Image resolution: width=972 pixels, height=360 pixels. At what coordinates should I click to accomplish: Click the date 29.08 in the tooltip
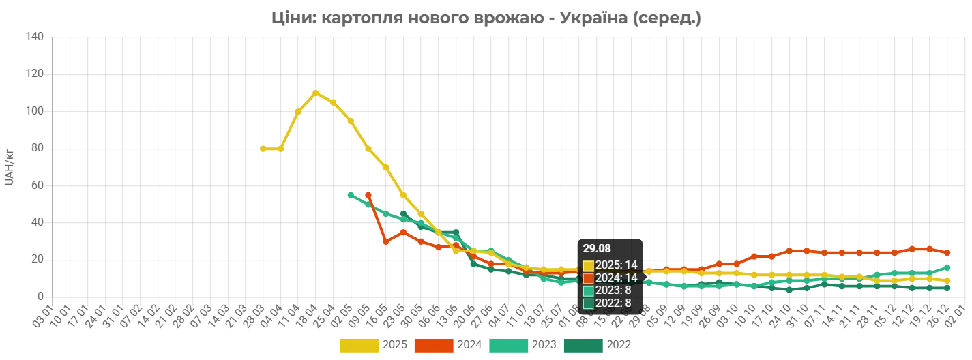coord(597,249)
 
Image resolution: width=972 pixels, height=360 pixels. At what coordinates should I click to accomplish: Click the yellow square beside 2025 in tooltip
coord(588,265)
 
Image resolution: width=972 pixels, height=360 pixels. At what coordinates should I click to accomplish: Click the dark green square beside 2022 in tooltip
coord(588,303)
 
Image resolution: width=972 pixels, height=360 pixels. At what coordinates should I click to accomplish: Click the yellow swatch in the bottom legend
coord(359,346)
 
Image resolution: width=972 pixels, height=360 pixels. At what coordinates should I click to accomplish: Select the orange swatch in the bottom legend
coord(434,346)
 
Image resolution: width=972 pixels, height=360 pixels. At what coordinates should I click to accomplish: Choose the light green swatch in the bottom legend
coord(508,346)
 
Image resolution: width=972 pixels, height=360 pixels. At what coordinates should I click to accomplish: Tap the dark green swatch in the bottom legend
coord(583,346)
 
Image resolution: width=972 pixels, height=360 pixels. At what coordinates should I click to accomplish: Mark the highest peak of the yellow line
coord(316,91)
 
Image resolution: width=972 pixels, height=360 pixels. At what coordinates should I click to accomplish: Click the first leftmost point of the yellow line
coord(261,147)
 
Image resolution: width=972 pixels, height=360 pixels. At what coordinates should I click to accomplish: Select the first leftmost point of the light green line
coord(349,194)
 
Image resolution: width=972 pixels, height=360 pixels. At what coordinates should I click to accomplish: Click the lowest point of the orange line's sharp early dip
coord(386,242)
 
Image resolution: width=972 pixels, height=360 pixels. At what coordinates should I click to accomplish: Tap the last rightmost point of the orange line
coord(947,252)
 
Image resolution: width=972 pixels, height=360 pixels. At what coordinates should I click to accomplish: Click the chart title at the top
coord(485,18)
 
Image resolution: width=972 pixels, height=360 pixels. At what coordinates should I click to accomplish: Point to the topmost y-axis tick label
coord(33,36)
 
